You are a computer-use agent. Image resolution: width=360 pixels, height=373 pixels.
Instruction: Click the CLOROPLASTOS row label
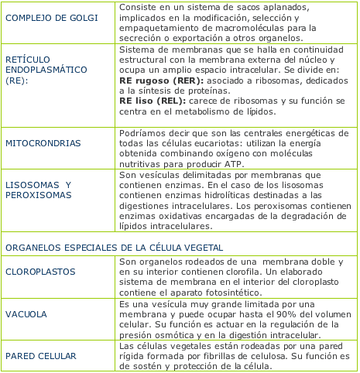pyautogui.click(x=39, y=273)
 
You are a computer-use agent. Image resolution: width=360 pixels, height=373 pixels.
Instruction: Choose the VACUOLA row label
pyautogui.click(x=27, y=315)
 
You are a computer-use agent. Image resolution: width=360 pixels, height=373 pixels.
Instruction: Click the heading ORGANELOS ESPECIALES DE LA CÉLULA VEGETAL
pyautogui.click(x=114, y=247)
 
